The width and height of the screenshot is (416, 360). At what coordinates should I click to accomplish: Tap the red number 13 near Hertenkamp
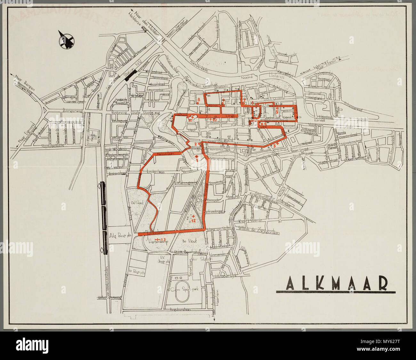[x=163, y=239]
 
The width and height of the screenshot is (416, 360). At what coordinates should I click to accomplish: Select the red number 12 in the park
[x=193, y=220]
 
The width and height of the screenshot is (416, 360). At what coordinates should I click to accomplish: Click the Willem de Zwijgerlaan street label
[x=258, y=228]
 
